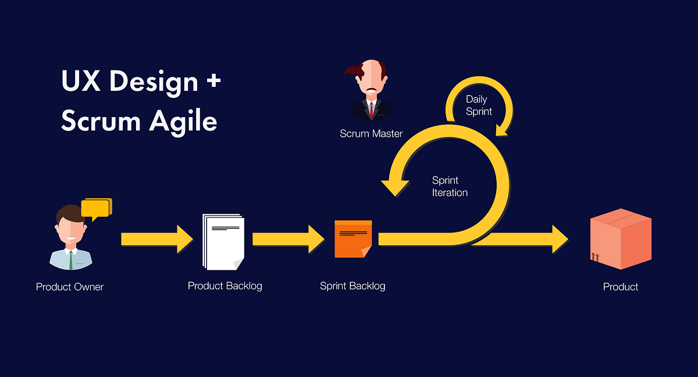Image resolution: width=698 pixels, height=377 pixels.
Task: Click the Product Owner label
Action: click(70, 287)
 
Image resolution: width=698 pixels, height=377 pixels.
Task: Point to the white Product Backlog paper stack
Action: click(224, 242)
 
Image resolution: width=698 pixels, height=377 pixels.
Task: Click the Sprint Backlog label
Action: click(352, 286)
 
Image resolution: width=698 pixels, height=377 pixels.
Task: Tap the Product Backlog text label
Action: click(225, 286)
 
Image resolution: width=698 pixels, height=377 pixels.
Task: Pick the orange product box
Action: click(621, 239)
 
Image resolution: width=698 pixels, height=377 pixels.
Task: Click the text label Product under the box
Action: click(621, 287)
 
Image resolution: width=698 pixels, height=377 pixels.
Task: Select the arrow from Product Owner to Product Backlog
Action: click(156, 239)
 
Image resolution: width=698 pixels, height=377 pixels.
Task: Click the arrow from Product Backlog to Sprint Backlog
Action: click(287, 239)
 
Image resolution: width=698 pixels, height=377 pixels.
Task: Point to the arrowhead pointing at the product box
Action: click(558, 239)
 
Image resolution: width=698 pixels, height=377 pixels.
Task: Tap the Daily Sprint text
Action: click(478, 105)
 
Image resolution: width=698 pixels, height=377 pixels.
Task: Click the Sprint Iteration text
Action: click(450, 186)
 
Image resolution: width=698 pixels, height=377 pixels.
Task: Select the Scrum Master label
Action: click(371, 133)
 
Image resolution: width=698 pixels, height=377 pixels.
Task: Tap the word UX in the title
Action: click(81, 81)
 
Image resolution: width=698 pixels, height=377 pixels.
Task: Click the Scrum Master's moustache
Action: click(371, 90)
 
